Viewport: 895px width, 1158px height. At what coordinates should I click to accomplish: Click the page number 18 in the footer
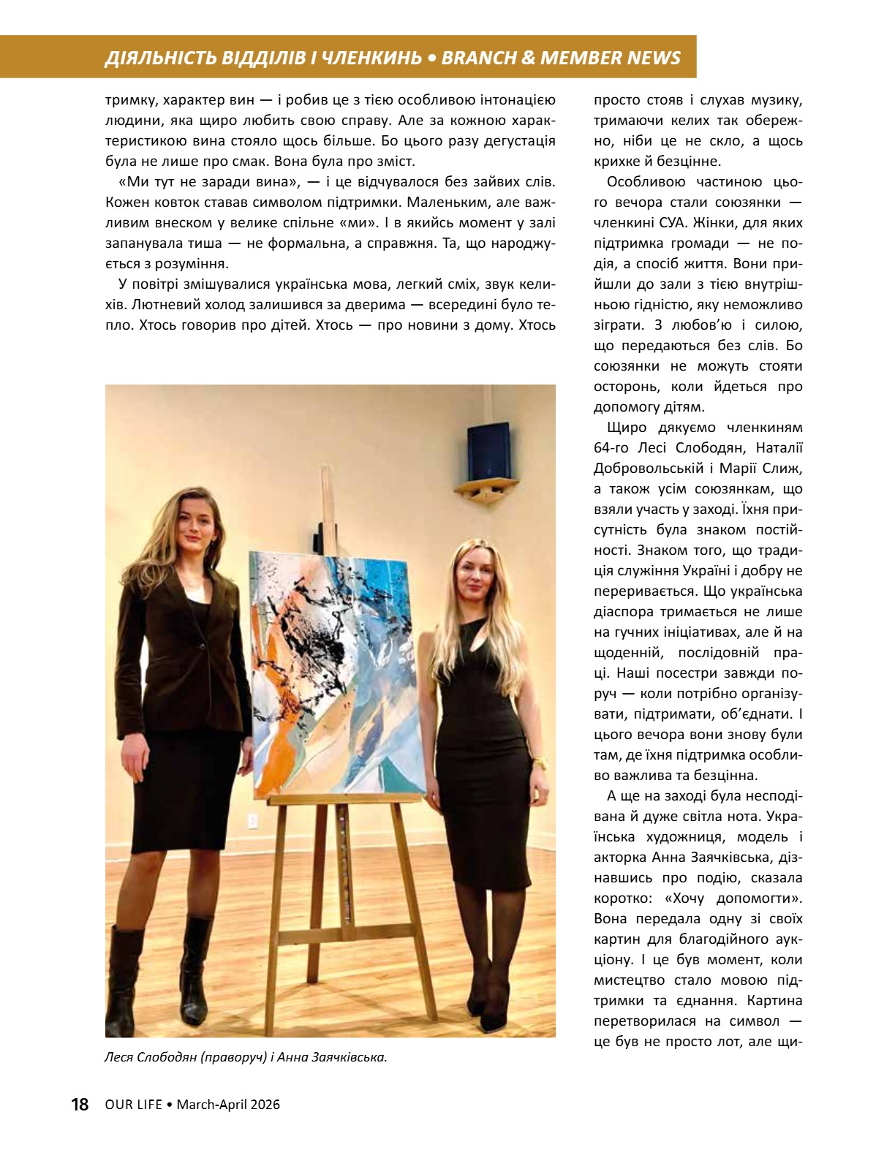point(80,1104)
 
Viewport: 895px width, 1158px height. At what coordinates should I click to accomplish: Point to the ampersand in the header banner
point(527,58)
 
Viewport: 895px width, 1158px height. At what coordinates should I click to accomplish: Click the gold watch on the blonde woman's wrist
point(539,762)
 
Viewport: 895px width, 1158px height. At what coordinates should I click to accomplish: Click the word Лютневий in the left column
point(135,304)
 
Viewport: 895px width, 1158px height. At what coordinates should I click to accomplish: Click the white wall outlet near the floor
point(253,821)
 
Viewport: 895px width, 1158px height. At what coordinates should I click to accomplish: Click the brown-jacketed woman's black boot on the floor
point(197,965)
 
